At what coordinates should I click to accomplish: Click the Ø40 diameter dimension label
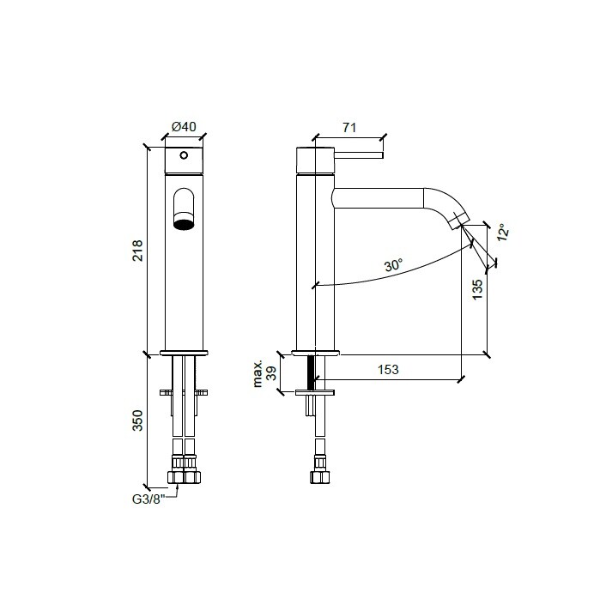[x=184, y=127]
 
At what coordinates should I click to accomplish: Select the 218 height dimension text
[x=137, y=251]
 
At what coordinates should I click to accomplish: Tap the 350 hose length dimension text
[x=137, y=420]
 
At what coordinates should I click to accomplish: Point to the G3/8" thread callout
[x=148, y=499]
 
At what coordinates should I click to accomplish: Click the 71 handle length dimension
[x=349, y=128]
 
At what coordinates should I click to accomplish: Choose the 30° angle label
[x=394, y=265]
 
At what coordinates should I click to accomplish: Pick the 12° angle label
[x=503, y=233]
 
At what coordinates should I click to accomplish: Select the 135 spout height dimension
[x=478, y=289]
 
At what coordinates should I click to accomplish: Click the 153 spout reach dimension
[x=388, y=369]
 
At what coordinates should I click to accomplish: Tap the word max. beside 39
[x=258, y=373]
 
